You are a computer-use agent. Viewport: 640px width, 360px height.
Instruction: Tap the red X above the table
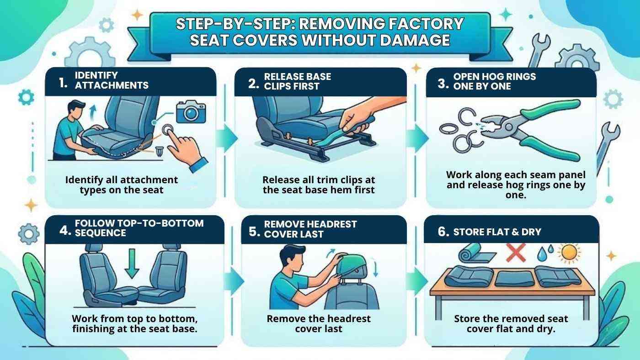(x=516, y=253)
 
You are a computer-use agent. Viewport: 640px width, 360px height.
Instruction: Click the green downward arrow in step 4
(x=132, y=263)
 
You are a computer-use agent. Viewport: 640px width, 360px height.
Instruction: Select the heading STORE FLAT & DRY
(x=497, y=232)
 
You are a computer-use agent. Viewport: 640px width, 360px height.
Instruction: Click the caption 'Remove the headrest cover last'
(x=319, y=323)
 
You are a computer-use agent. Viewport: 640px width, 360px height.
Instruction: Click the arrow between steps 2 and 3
(x=416, y=137)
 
